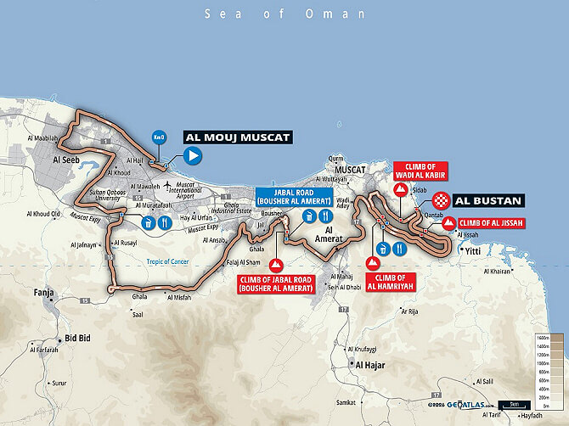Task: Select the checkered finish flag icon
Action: pos(441,201)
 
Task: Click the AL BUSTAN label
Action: pos(488,202)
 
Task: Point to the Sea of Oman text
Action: pos(284,14)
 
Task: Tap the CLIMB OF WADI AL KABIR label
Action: pos(419,170)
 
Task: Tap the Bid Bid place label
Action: pos(78,337)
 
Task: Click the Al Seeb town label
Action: pos(65,158)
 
